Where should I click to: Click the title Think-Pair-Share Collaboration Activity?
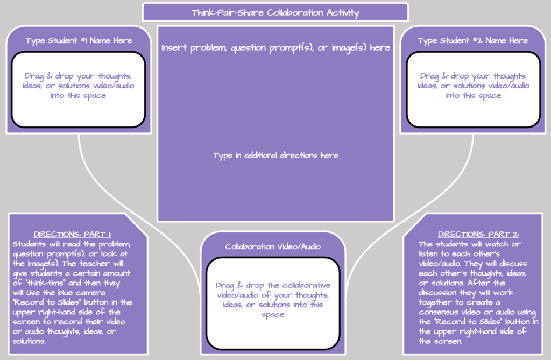point(275,12)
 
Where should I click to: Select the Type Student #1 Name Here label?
point(79,40)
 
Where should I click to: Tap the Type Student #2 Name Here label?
point(473,40)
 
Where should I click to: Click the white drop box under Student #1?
point(79,89)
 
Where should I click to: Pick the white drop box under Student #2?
point(473,89)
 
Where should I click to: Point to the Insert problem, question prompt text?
point(275,48)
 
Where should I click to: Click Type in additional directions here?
point(275,156)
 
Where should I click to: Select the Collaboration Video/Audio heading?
point(273,246)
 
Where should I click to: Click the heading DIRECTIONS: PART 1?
point(73,235)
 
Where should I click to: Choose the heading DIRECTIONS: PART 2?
point(471,235)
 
